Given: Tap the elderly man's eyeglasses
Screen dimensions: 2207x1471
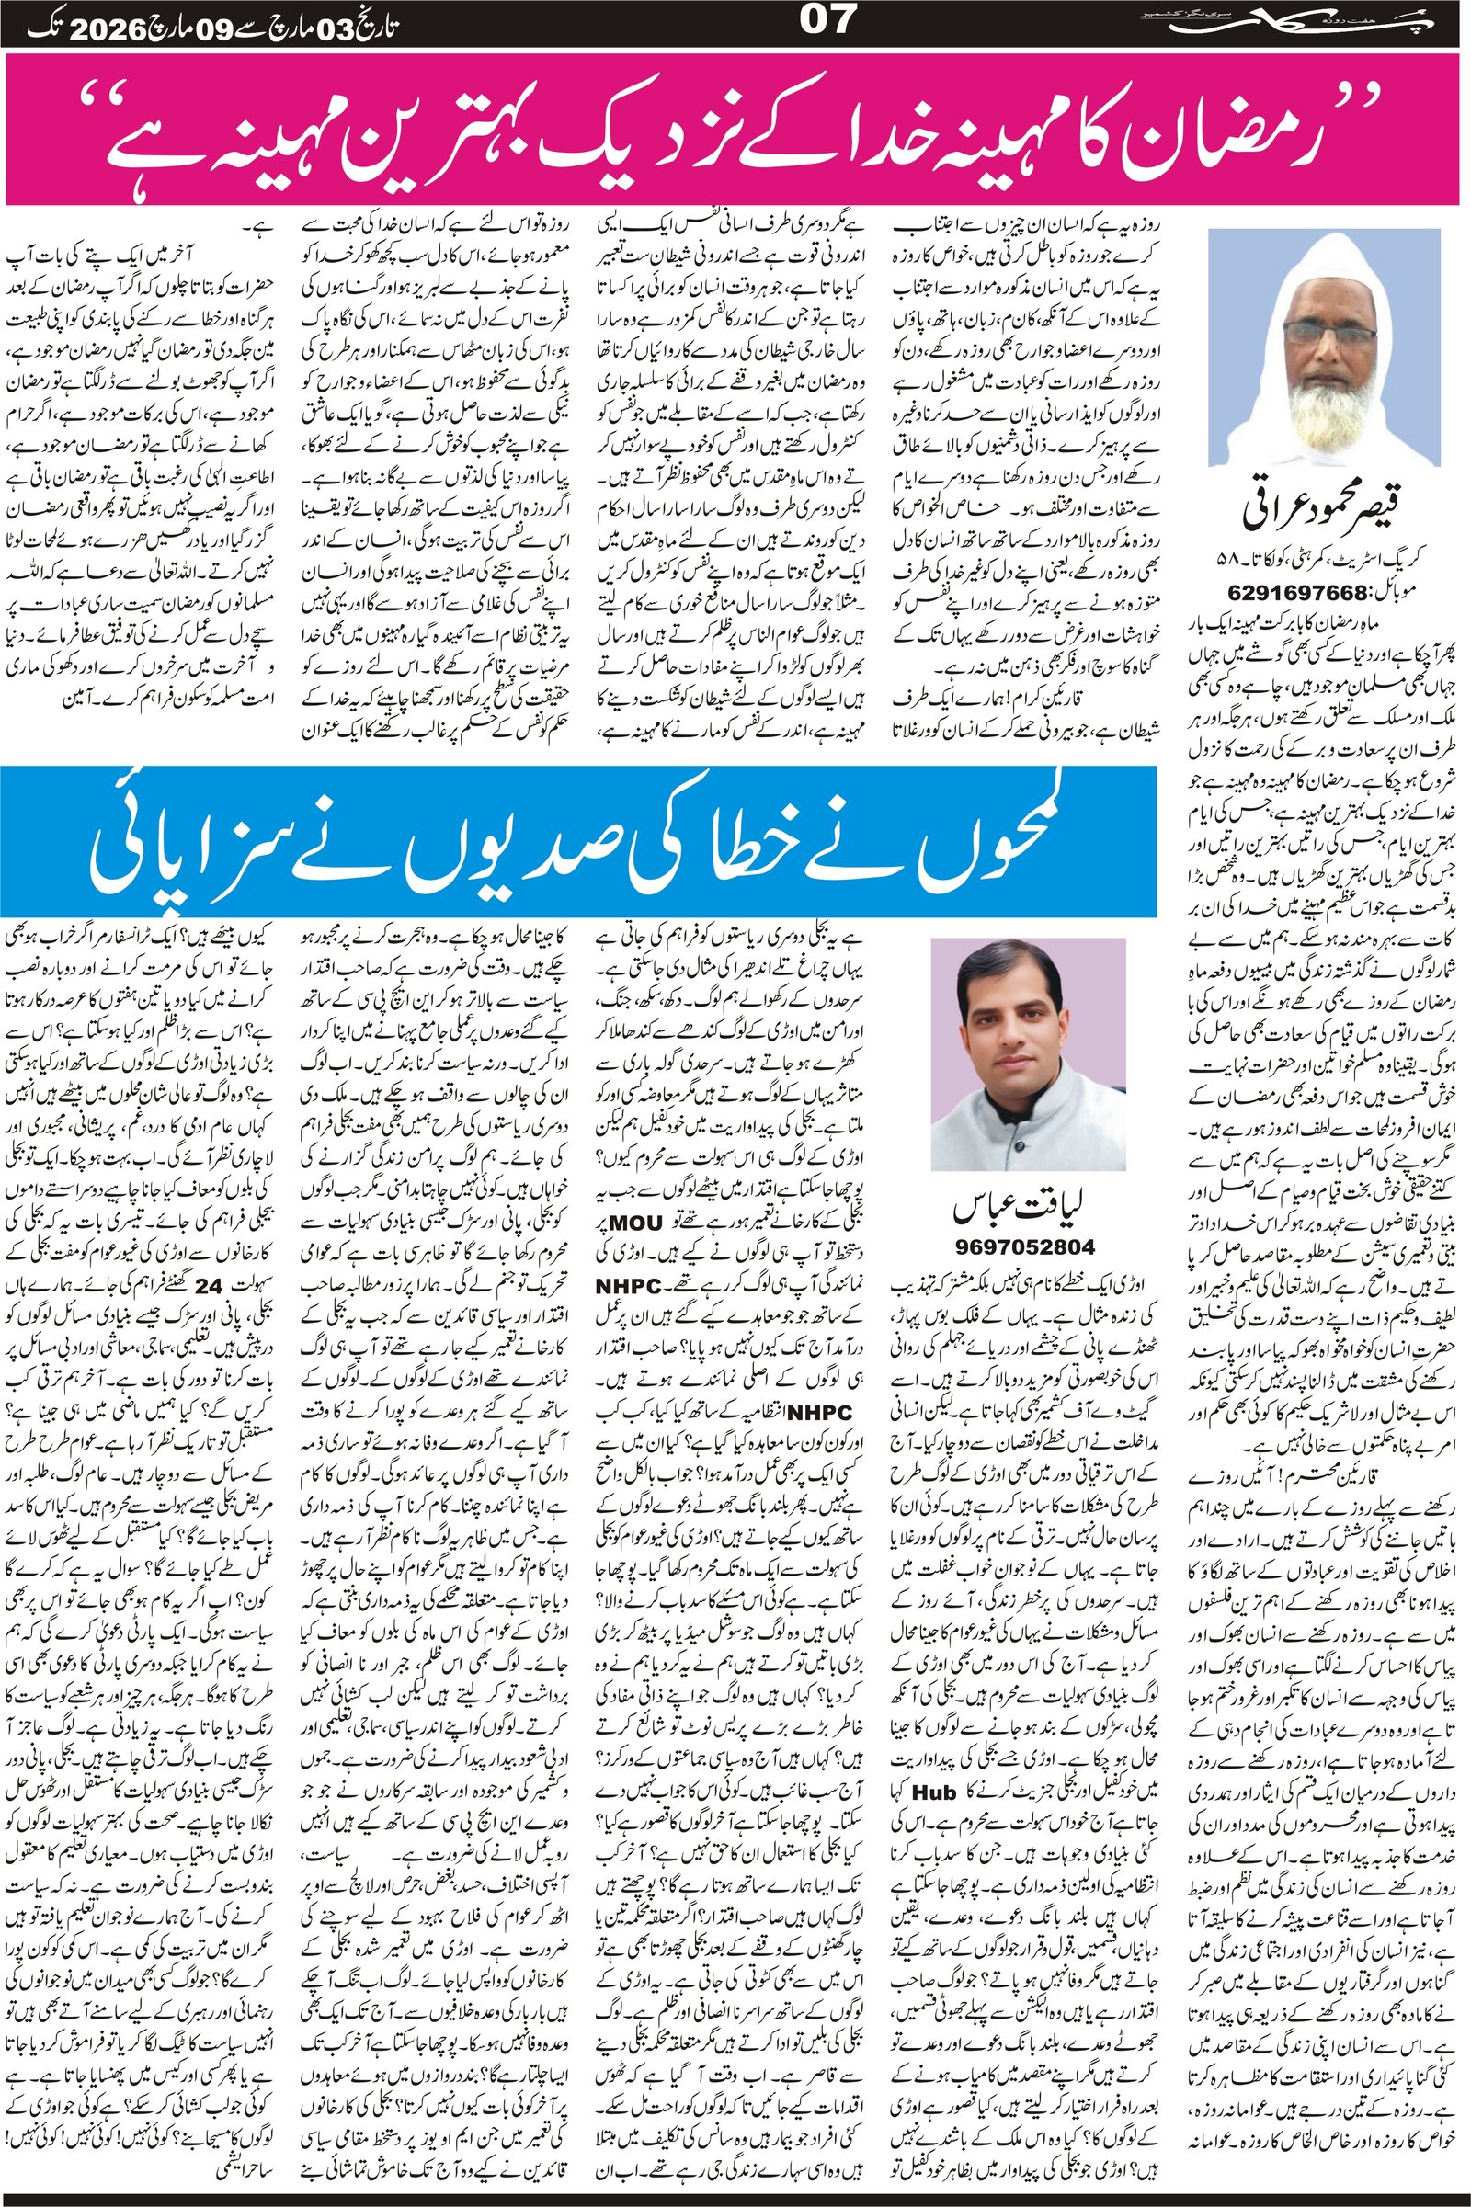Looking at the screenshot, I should [1324, 333].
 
